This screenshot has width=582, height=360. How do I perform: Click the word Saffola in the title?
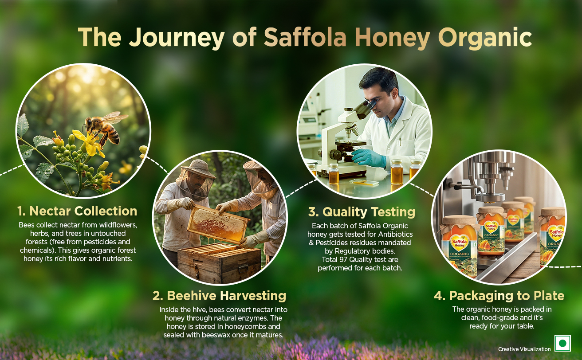305,37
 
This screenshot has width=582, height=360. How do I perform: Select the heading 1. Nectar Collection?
77,211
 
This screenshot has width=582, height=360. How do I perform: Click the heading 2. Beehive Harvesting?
219,296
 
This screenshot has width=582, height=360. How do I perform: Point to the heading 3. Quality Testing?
362,212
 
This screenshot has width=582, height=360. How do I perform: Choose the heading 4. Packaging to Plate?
499,296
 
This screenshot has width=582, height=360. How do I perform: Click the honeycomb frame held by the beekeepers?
218,224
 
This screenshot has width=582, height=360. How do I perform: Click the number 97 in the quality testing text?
343,259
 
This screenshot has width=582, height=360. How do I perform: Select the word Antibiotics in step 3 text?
395,234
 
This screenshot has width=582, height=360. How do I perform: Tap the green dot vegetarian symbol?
562,343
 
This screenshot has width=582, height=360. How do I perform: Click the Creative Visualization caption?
524,349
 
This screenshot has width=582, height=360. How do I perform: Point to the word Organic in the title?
485,39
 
